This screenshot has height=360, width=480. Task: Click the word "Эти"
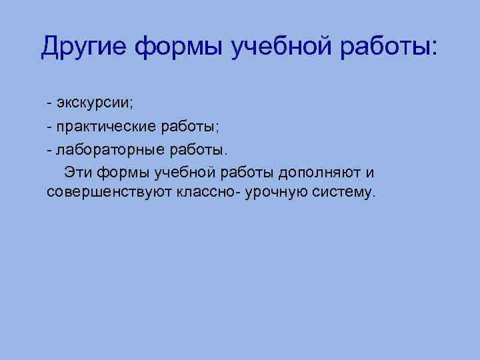pyautogui.click(x=77, y=172)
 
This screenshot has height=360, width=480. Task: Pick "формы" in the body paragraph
pyautogui.click(x=124, y=173)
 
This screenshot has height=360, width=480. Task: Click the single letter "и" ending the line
pyautogui.click(x=370, y=173)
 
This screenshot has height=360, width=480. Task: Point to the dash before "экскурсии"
pyautogui.click(x=51, y=105)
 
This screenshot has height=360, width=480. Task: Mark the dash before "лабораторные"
pyautogui.click(x=51, y=150)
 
